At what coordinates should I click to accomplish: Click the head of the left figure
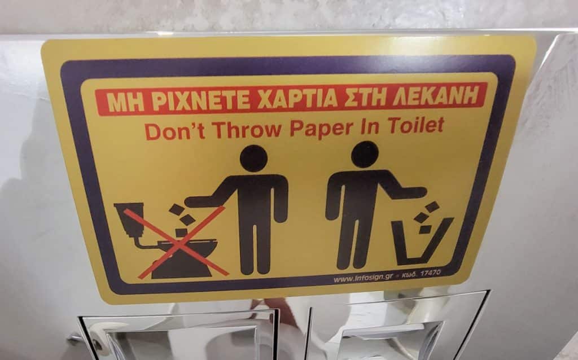pos(253,158)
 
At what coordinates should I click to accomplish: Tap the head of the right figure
pos(365,155)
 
